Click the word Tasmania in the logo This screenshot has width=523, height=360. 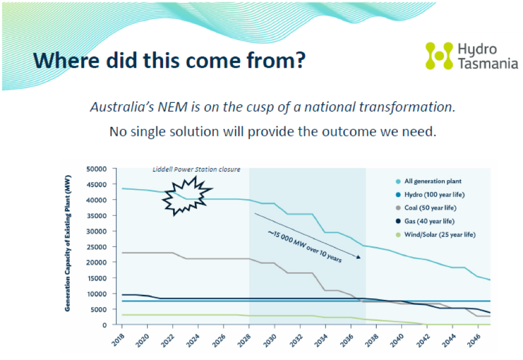point(487,64)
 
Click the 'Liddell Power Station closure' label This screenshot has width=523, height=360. point(198,169)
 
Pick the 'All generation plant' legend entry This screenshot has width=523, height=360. point(432,181)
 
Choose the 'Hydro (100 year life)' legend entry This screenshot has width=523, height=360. point(433,194)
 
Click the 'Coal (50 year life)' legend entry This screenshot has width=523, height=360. point(430,208)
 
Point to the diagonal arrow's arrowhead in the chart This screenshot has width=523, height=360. point(359,257)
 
